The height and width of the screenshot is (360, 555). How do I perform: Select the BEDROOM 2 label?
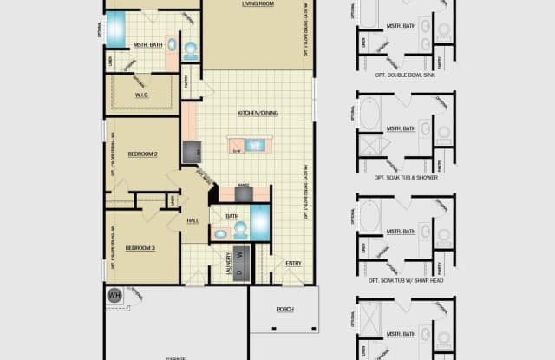click(x=142, y=154)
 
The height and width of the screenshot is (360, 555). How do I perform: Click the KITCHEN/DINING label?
click(x=257, y=114)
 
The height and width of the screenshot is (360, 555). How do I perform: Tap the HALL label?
click(x=194, y=220)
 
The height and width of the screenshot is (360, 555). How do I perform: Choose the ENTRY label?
click(x=293, y=263)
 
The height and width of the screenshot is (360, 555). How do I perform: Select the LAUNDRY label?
click(x=228, y=260)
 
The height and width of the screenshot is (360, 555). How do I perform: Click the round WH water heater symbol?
click(x=114, y=295)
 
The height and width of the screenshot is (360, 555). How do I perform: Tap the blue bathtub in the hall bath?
click(x=259, y=222)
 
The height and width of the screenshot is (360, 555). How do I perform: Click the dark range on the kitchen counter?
click(x=244, y=194)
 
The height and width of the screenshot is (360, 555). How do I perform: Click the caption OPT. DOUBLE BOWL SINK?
click(x=405, y=76)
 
